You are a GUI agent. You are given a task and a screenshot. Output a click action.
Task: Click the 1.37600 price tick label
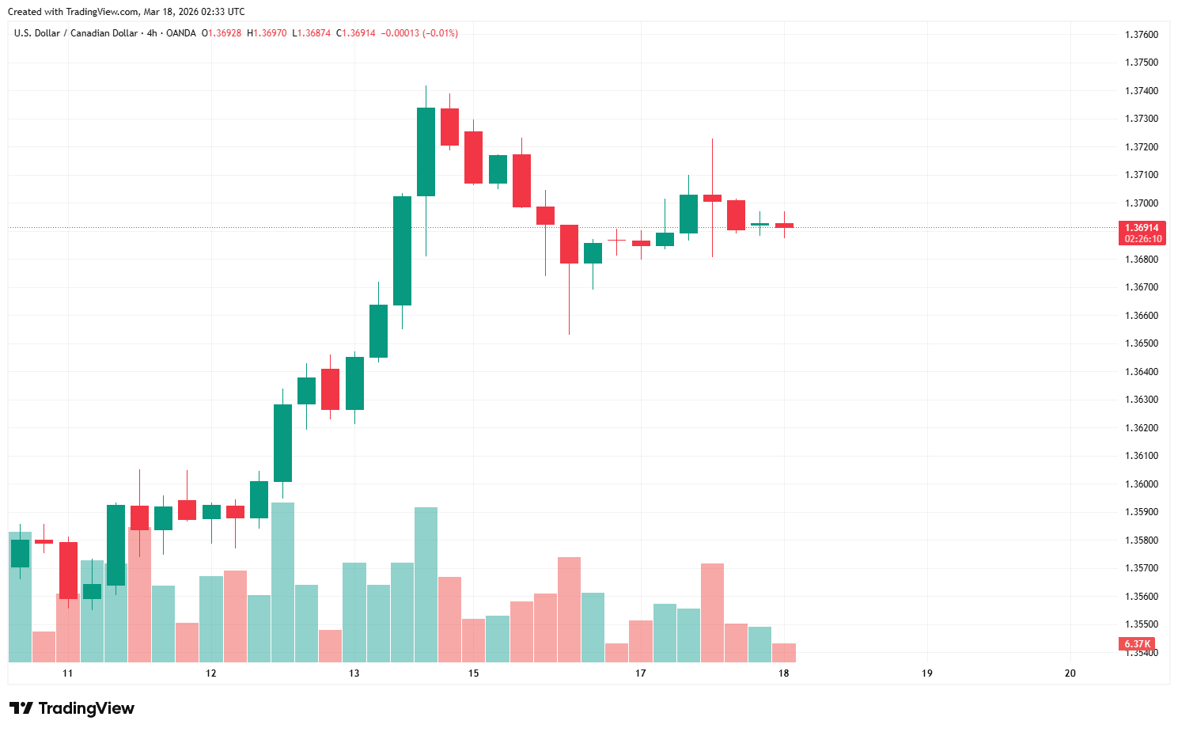click(x=1141, y=35)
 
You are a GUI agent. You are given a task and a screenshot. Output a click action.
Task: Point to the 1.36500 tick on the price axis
click(x=1141, y=343)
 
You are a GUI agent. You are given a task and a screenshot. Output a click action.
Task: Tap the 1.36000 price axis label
click(x=1141, y=484)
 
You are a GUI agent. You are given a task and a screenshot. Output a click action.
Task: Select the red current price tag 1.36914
click(x=1142, y=228)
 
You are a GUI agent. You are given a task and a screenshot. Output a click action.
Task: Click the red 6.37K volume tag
click(x=1137, y=644)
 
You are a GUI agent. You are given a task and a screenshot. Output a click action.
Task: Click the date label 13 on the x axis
click(x=354, y=673)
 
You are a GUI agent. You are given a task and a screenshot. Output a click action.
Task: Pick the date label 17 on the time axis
click(x=640, y=673)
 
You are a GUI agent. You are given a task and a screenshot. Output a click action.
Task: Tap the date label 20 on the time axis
click(x=1070, y=673)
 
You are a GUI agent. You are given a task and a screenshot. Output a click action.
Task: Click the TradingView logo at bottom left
click(x=72, y=708)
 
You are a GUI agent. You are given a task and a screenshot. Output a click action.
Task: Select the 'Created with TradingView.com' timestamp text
click(x=127, y=12)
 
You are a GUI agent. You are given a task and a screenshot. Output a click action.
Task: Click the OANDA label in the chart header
click(x=180, y=33)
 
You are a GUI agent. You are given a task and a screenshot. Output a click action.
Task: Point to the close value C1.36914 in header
click(x=356, y=33)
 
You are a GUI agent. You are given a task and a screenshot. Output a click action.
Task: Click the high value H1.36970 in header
click(x=267, y=33)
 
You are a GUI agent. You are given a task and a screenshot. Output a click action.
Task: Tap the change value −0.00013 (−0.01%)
click(x=419, y=33)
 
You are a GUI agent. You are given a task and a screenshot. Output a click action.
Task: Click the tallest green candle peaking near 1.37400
click(x=426, y=151)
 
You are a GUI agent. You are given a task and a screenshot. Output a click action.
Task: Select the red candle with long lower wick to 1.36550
click(x=569, y=244)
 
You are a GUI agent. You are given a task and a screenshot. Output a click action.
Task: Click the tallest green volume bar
click(x=282, y=582)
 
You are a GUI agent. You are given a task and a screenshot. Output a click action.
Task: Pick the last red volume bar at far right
click(x=783, y=653)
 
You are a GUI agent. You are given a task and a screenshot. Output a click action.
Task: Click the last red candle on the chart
click(x=784, y=226)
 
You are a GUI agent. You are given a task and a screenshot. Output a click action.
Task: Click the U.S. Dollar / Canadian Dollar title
click(x=76, y=33)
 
